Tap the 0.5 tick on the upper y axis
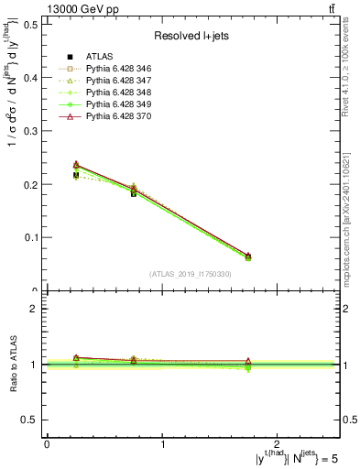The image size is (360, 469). [x=30, y=24]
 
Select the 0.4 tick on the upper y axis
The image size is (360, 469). [x=30, y=77]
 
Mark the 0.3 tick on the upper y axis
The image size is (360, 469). [x=30, y=131]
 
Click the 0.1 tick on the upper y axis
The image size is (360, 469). [x=30, y=237]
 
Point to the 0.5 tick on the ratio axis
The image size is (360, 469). [x=30, y=420]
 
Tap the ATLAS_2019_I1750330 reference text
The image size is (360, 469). [x=191, y=273]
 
